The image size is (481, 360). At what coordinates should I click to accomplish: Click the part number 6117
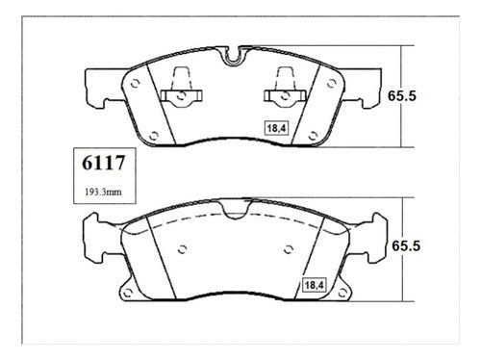coord(103,163)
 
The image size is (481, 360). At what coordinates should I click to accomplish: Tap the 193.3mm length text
coord(103,193)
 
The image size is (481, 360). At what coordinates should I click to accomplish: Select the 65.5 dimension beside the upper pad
coord(402,96)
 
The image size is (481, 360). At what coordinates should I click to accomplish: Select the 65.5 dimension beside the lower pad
coord(406,246)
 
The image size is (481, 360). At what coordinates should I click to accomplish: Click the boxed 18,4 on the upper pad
coord(276,128)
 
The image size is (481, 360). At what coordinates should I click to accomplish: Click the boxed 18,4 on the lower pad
coord(315,285)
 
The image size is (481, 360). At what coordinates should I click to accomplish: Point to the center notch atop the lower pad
coord(235,209)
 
